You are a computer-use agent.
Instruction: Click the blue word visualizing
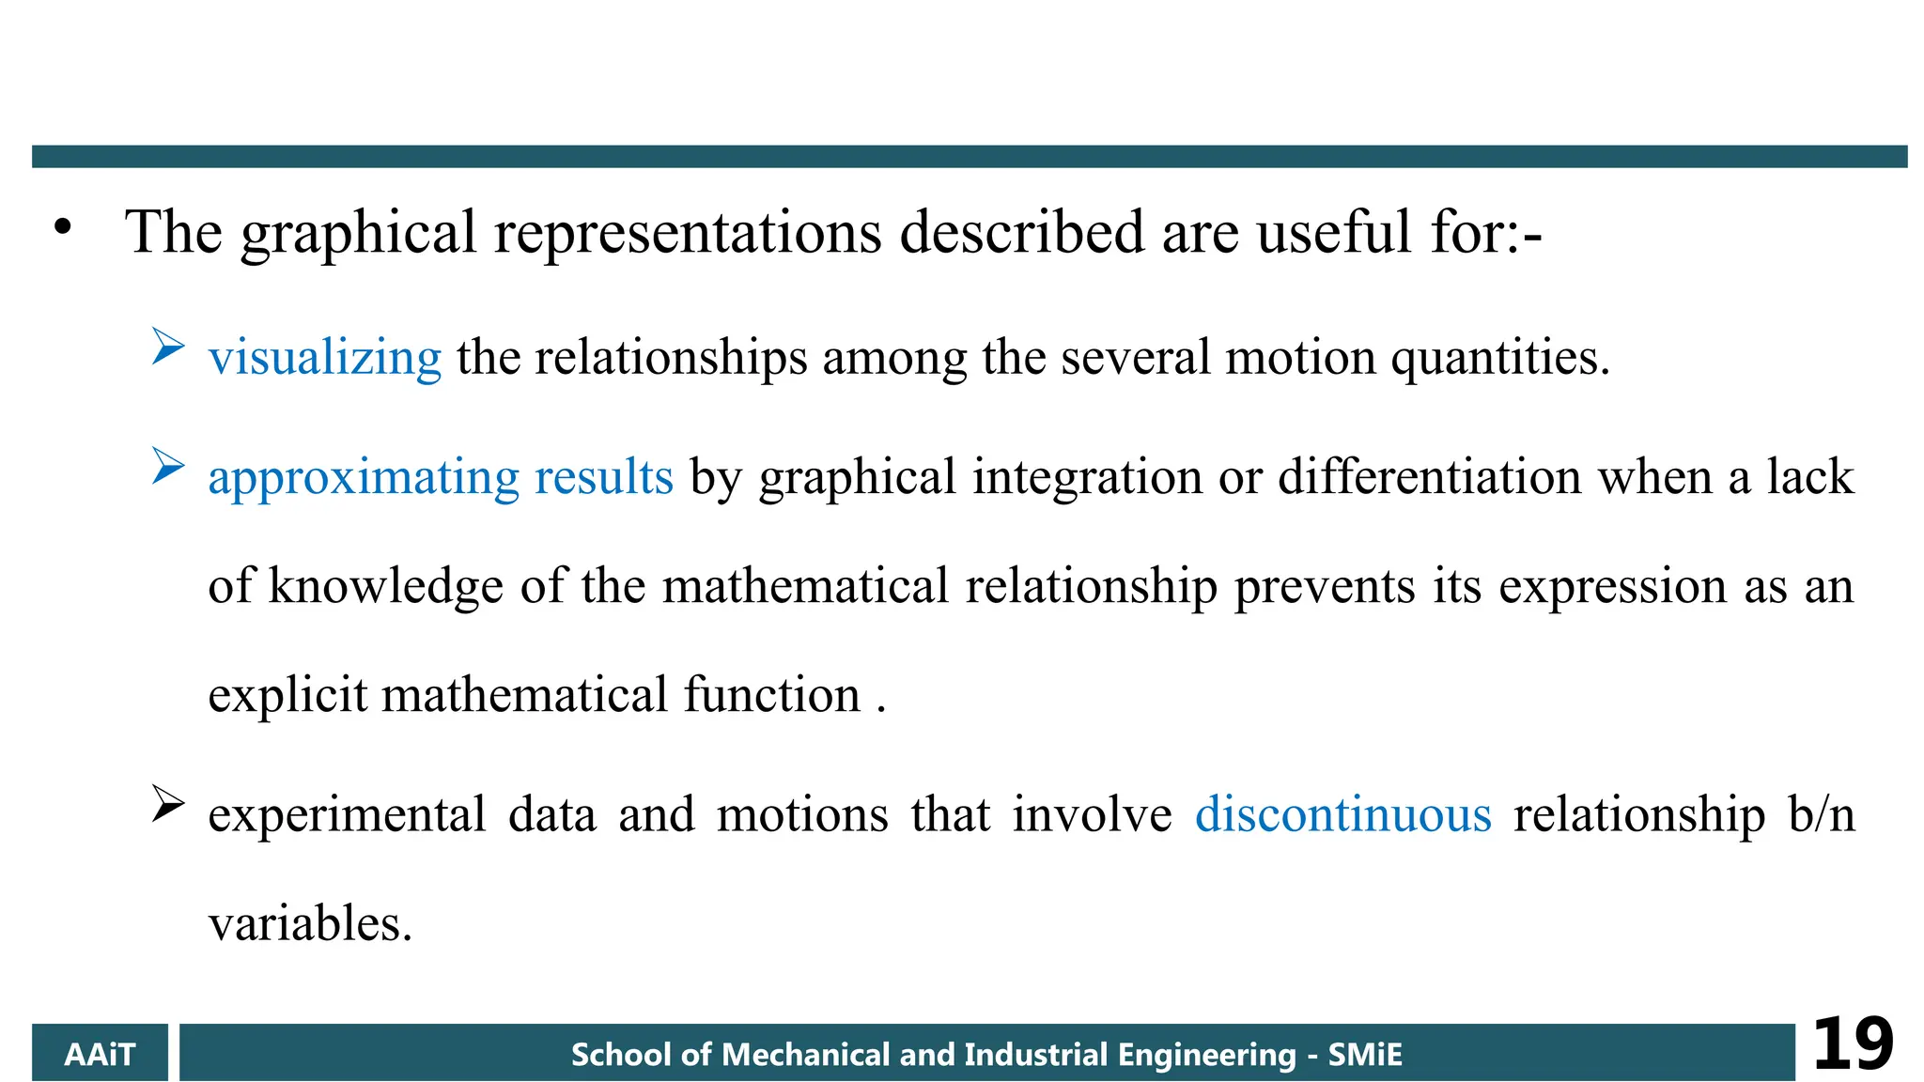[x=324, y=358]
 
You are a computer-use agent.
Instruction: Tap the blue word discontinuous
[x=1342, y=814]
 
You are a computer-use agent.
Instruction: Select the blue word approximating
[x=364, y=478]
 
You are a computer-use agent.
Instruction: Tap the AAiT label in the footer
[x=100, y=1055]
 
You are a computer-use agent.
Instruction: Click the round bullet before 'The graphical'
[x=63, y=227]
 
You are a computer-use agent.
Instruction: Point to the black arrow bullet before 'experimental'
[x=167, y=804]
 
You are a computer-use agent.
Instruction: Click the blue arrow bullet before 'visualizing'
[x=167, y=347]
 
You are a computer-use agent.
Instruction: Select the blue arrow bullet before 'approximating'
[x=167, y=466]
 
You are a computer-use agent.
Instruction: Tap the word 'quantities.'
[x=1500, y=358]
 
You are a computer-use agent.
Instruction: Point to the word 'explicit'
[x=287, y=696]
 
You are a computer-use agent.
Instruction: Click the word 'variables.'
[x=310, y=924]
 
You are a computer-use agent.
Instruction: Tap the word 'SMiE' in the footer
[x=1365, y=1055]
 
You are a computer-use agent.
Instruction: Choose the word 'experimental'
[x=347, y=815]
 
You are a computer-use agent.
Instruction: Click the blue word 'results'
[x=604, y=477]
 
